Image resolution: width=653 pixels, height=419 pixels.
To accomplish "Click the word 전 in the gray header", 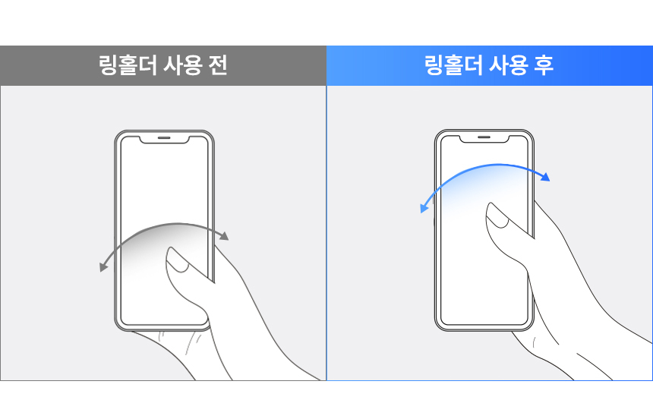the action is click(218, 65).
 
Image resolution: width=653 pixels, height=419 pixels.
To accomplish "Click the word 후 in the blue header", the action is click(544, 65).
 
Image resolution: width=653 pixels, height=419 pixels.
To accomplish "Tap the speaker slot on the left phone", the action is click(164, 137).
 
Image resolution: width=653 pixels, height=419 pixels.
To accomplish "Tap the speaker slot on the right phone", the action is click(484, 137).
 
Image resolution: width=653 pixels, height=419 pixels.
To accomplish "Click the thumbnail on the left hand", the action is click(178, 260).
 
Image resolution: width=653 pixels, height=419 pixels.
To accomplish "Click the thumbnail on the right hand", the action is click(497, 216).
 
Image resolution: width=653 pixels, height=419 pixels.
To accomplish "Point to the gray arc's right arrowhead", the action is click(225, 236).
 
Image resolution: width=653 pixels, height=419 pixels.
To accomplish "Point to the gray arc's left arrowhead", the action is click(103, 267).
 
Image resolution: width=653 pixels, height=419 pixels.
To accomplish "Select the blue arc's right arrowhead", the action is click(545, 177).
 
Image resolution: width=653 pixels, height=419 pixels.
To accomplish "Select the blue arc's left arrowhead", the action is click(424, 208).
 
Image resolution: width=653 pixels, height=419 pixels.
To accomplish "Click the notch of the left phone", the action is click(164, 140).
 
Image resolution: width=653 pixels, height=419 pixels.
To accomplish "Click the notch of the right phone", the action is click(484, 139).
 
